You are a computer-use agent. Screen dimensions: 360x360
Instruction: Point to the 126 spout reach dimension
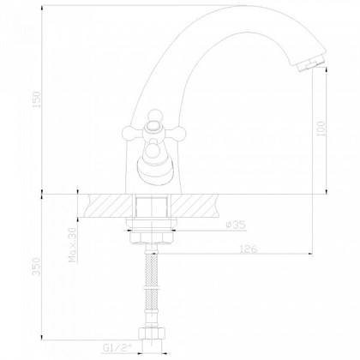coord(249,251)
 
